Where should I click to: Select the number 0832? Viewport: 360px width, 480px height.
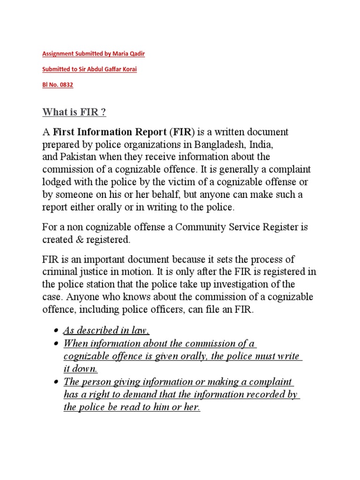66,85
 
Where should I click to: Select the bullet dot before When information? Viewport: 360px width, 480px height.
56,344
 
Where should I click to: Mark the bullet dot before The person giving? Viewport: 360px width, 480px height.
56,382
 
